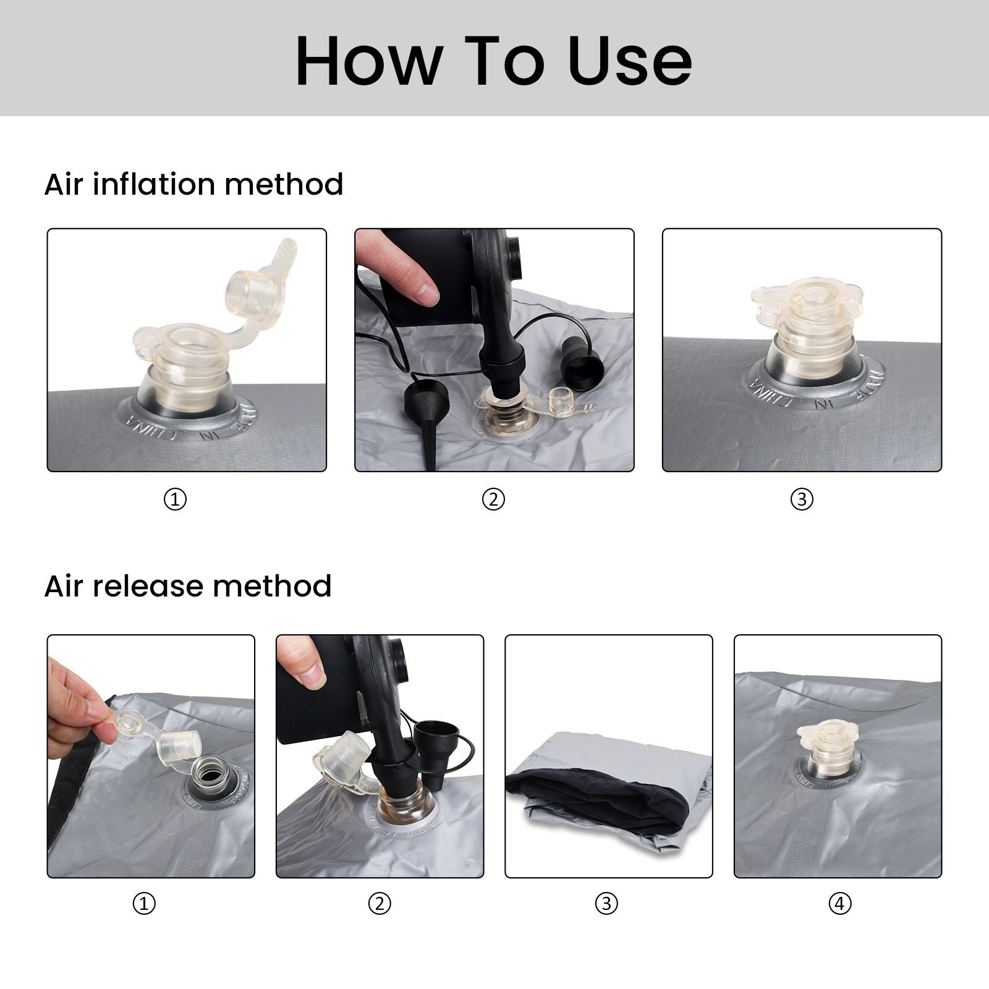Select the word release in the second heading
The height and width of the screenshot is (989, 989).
pos(150,586)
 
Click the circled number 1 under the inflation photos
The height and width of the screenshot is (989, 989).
pos(175,499)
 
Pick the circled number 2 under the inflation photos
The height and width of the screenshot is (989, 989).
pos(493,499)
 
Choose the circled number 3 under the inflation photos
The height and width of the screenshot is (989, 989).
pos(802,499)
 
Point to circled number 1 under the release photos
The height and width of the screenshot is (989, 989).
pos(144,904)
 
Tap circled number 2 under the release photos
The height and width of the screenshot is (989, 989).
pos(380,904)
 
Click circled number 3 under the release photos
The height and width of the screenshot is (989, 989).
pos(606,904)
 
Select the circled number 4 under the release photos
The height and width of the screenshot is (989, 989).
pos(839,904)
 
